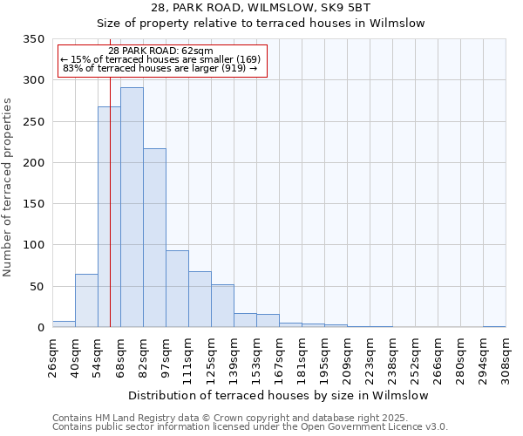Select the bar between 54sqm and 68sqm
pyautogui.click(x=109, y=217)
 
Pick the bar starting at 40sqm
pyautogui.click(x=86, y=301)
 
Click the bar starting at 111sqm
pyautogui.click(x=200, y=299)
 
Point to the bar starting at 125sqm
pyautogui.click(x=222, y=306)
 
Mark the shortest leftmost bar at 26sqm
pyautogui.click(x=64, y=324)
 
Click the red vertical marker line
pyautogui.click(x=111, y=174)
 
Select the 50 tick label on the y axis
pyautogui.click(x=37, y=287)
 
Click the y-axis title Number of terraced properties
pyautogui.click(x=8, y=187)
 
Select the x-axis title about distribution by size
pyautogui.click(x=278, y=395)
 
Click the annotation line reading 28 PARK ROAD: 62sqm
pyautogui.click(x=161, y=51)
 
